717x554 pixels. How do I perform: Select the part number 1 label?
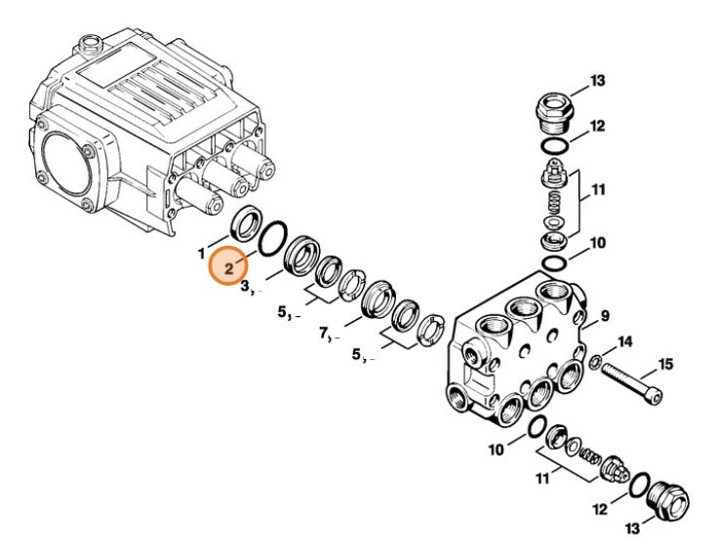(202, 254)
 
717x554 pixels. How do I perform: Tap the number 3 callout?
(247, 287)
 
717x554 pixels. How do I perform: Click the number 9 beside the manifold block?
(605, 315)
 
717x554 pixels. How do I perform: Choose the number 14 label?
(625, 341)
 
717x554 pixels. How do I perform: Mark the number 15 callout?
(664, 365)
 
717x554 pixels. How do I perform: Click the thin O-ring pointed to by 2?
(274, 237)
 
